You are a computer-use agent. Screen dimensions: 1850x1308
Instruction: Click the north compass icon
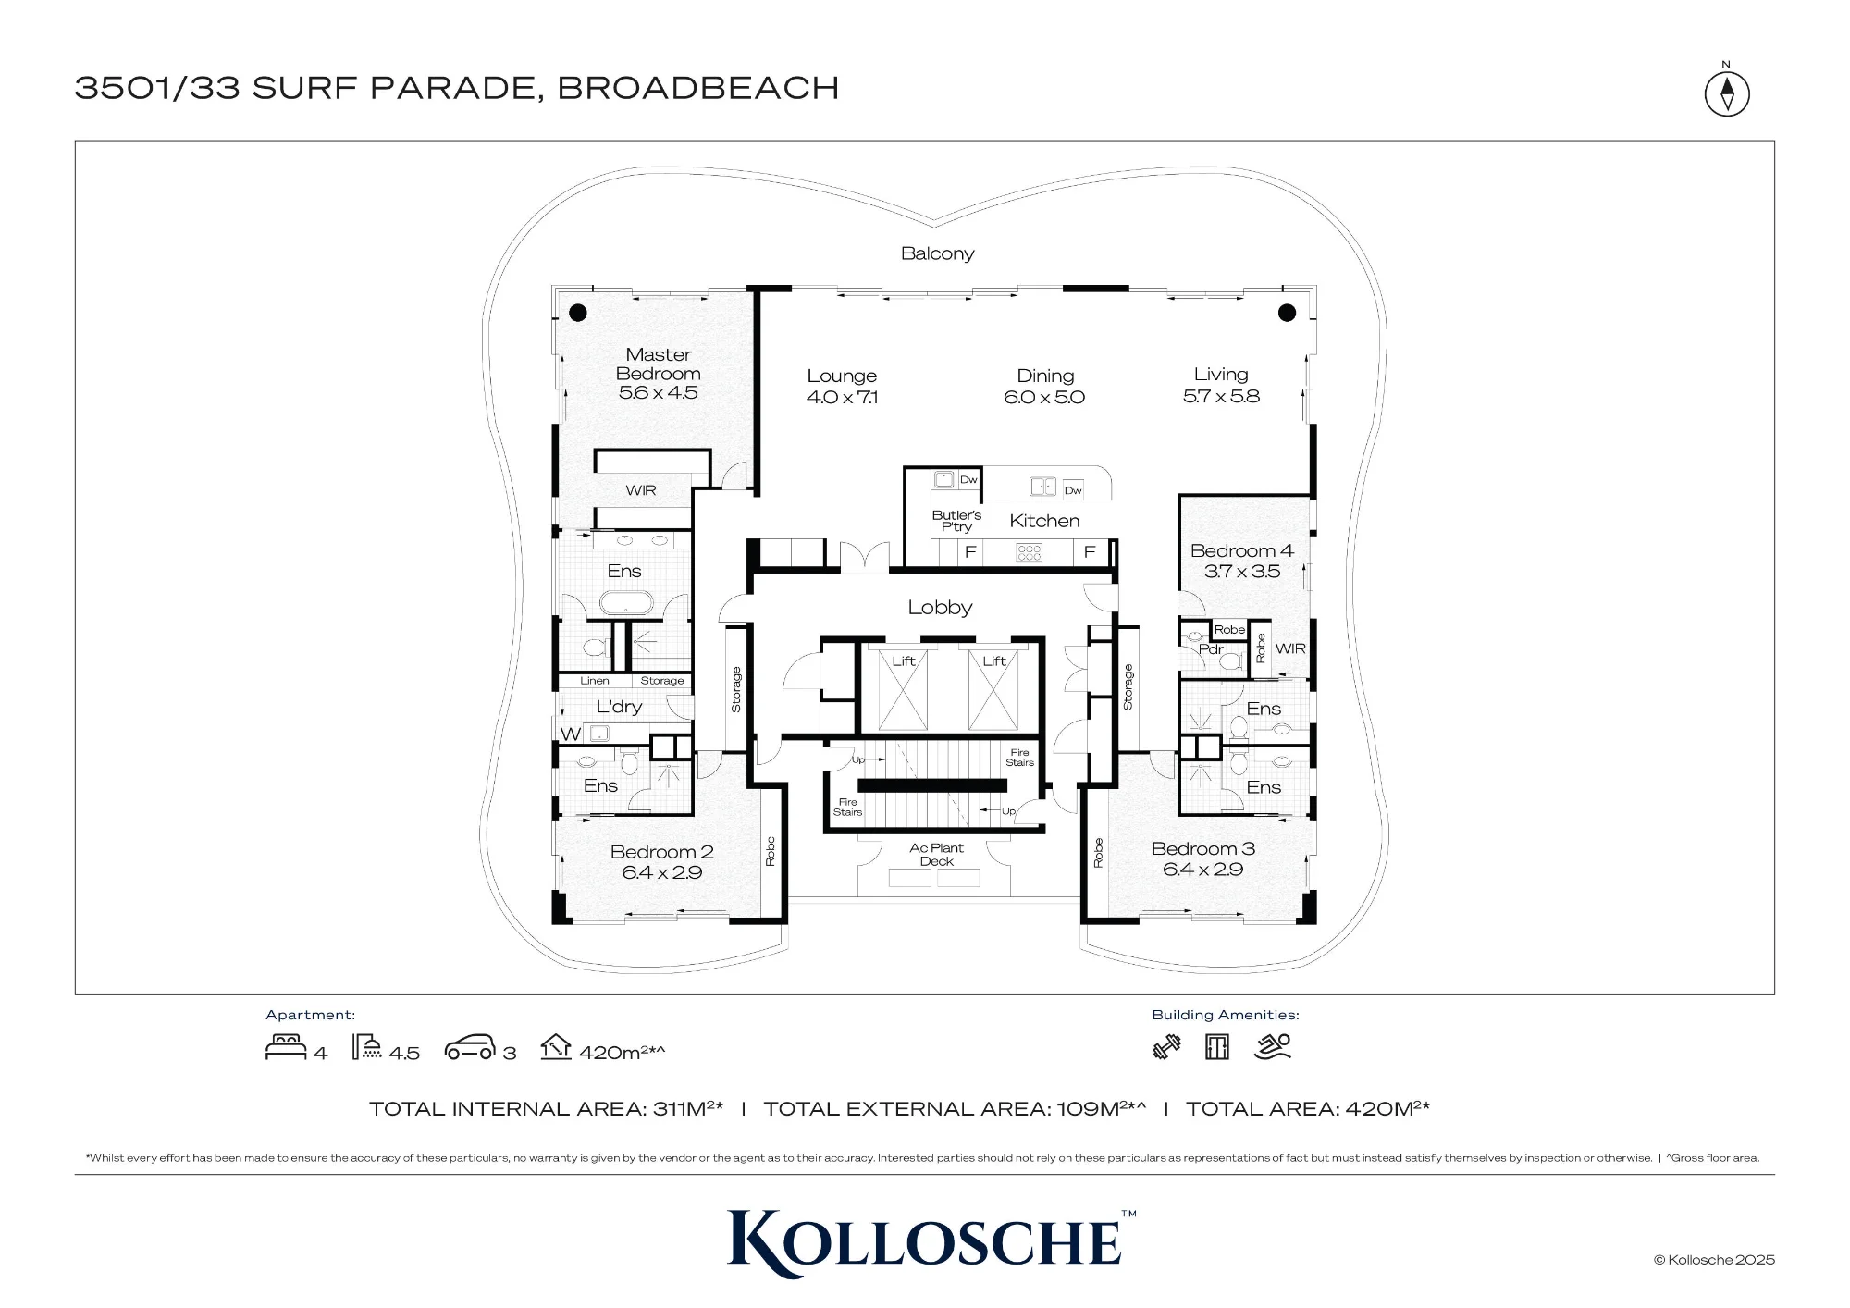click(x=1726, y=93)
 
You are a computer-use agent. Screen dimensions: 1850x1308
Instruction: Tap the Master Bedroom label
click(x=659, y=364)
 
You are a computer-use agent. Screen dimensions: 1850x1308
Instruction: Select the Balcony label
click(x=937, y=253)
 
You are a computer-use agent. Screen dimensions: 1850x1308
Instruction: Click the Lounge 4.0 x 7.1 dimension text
click(x=842, y=398)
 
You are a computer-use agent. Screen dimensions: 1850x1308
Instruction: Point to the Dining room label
click(x=1045, y=376)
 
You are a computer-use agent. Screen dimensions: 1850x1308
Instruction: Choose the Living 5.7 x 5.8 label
click(x=1221, y=386)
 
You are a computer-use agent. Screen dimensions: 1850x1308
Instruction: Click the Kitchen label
click(x=1044, y=521)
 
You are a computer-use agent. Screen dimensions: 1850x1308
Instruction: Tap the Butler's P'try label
click(x=956, y=521)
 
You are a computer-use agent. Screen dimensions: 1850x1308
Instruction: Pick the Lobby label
click(x=940, y=608)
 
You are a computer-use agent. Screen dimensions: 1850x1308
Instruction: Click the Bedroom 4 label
click(x=1241, y=551)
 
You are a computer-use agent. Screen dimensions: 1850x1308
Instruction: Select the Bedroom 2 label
click(x=661, y=852)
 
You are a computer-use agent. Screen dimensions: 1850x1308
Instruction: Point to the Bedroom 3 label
click(x=1202, y=848)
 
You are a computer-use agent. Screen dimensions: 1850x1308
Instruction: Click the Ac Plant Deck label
click(x=936, y=854)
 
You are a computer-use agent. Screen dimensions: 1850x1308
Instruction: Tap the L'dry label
click(x=619, y=707)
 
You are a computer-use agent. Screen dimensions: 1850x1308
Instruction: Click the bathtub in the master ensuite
click(x=626, y=605)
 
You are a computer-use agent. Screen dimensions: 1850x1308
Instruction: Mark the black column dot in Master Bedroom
click(x=578, y=313)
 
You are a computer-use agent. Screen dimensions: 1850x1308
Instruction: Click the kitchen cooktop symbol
click(x=1030, y=552)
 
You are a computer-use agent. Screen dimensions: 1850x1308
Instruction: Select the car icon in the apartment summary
click(x=471, y=1049)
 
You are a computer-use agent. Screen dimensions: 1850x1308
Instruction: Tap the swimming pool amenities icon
click(x=1272, y=1046)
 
